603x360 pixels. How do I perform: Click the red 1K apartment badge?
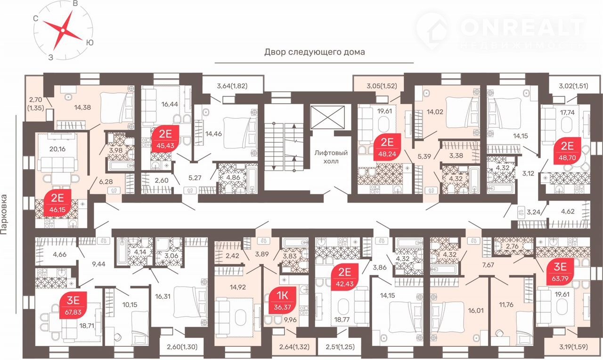282,301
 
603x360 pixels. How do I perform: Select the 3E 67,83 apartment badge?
73,305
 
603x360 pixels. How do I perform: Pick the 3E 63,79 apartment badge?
560,272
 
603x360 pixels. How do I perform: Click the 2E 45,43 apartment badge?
165,139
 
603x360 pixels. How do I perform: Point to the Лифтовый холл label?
331,157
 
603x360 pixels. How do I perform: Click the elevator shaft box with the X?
327,118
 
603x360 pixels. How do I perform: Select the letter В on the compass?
75,3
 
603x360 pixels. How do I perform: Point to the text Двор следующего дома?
314,52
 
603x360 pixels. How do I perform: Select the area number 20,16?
57,149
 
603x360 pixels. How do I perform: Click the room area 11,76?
506,304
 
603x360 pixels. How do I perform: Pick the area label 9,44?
98,264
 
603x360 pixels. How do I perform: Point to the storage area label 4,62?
568,212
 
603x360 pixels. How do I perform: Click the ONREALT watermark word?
522,27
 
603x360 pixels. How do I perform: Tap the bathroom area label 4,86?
233,178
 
